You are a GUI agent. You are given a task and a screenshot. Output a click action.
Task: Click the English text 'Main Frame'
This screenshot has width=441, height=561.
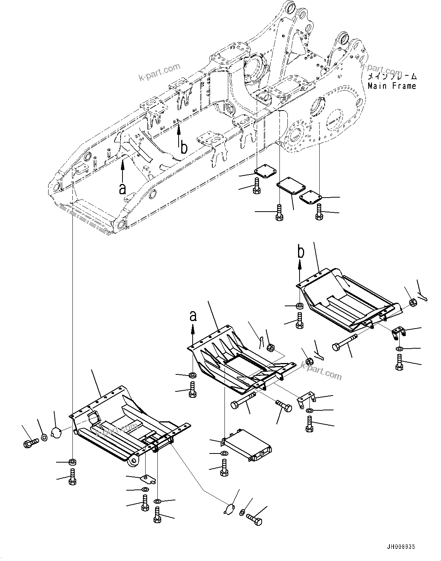point(392,86)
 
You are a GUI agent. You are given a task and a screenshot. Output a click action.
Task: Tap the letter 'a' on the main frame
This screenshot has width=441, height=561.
point(122,189)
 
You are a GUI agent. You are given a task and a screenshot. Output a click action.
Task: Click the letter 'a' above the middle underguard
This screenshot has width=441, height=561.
point(193,316)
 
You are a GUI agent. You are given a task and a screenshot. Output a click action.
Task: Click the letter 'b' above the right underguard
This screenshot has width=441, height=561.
point(301,251)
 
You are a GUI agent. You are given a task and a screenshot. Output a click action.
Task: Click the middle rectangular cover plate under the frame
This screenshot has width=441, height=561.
point(291,186)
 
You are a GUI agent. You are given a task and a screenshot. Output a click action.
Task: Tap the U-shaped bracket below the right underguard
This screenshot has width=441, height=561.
point(398,333)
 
